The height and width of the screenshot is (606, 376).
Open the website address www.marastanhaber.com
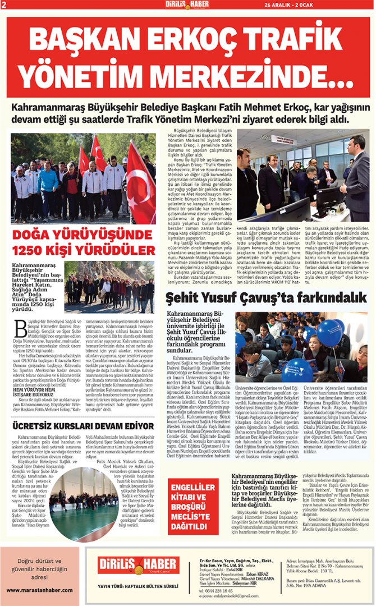click(43, 591)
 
